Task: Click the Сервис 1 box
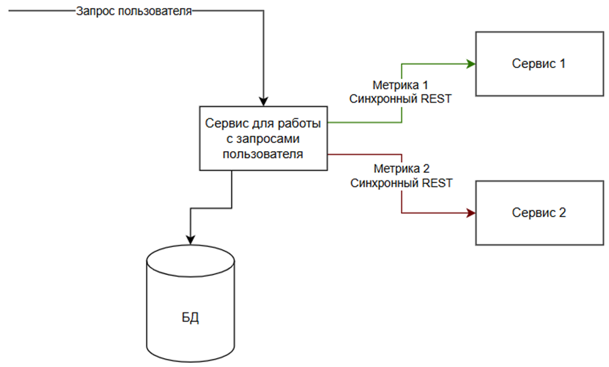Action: [x=540, y=63]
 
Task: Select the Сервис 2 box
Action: [x=540, y=212]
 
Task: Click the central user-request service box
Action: [x=264, y=138]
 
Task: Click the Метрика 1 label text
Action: [x=401, y=86]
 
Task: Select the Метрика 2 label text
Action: [x=401, y=168]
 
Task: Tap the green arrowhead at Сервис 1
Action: [x=470, y=63]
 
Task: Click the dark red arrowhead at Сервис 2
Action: [x=470, y=213]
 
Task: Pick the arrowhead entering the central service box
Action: [x=264, y=101]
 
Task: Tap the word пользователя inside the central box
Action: [x=264, y=154]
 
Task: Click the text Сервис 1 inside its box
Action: [x=539, y=63]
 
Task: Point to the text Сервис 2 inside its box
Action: [x=539, y=212]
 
